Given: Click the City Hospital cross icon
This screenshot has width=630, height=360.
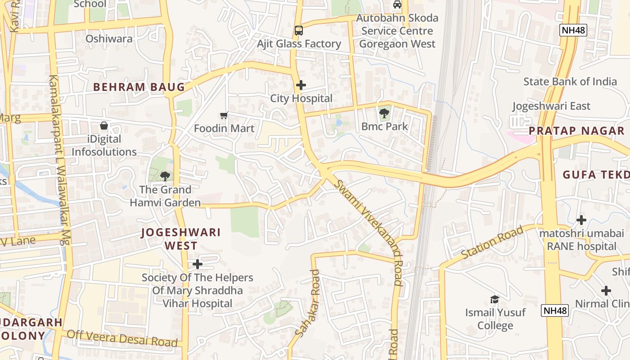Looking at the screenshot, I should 301,85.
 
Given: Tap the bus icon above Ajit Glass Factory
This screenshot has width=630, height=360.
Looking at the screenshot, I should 299,31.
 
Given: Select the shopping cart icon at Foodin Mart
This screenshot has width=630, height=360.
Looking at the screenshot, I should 224,116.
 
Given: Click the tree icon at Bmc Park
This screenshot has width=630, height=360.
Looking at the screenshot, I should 384,113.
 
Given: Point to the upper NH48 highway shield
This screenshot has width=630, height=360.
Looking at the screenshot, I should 573,30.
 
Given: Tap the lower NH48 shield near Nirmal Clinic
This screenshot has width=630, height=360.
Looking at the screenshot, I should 555,310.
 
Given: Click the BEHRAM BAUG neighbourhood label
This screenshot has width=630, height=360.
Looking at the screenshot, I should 139,87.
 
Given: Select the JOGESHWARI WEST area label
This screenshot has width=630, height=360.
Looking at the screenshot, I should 181,239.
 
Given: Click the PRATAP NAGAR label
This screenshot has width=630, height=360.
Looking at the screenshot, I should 576,131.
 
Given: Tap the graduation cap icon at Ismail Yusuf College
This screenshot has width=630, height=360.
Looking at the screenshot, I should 495,299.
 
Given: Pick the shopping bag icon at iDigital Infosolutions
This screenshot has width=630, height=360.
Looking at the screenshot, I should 104,126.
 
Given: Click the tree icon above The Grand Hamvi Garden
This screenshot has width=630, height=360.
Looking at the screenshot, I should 165,176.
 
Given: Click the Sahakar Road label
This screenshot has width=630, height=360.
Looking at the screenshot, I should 308,303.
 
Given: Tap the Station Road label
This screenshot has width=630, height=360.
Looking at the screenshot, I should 492,243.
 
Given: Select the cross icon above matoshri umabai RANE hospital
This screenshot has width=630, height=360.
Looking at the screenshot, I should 581,220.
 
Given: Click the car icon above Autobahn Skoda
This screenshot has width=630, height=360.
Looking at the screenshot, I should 397,4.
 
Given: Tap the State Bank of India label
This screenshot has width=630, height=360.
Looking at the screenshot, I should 570,81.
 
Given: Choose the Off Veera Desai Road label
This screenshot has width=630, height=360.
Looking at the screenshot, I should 122,338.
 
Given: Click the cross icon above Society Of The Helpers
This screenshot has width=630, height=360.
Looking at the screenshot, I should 197,264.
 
